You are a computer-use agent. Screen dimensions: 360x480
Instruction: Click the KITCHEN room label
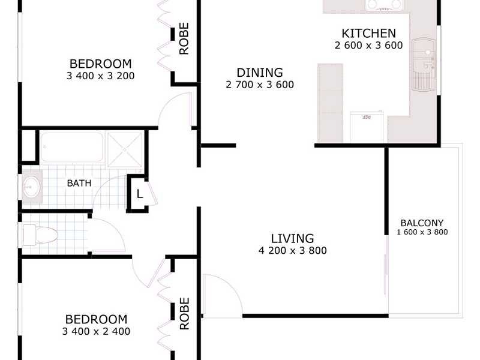pos(368,34)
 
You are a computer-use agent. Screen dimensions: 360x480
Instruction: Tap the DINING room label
pos(259,73)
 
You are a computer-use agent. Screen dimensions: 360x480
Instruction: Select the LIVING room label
pos(292,238)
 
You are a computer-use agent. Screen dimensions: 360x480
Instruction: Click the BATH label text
pos(79,183)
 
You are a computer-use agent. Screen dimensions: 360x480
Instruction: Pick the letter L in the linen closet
pos(139,194)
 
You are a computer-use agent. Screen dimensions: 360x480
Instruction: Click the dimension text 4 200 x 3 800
pos(292,251)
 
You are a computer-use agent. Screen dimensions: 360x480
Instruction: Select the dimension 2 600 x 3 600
pos(368,45)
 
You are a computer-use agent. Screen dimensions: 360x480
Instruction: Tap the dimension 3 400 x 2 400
pos(96,331)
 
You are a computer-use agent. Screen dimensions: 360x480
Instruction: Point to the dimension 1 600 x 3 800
pos(422,232)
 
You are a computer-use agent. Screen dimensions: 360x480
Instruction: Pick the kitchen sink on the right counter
pos(424,63)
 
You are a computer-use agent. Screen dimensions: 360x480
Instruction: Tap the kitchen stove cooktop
pos(383,5)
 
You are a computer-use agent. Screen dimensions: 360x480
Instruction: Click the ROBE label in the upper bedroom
pos(184,38)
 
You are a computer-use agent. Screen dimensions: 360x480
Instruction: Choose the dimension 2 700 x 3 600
pos(259,85)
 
